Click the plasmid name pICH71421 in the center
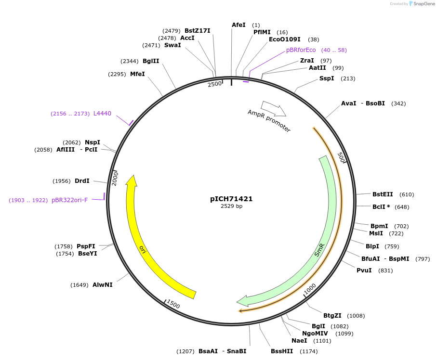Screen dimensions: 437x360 [x=231, y=199]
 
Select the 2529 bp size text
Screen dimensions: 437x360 [x=231, y=206]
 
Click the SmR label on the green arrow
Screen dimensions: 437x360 [x=319, y=250]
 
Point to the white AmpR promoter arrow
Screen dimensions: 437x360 [x=273, y=108]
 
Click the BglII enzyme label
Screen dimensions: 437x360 [x=151, y=61]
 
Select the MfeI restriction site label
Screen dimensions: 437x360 [x=137, y=74]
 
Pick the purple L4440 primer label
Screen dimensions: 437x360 [x=102, y=114]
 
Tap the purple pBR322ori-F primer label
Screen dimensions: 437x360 [x=69, y=200]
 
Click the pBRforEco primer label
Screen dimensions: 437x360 [x=301, y=50]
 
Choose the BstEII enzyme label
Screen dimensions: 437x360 [x=383, y=194]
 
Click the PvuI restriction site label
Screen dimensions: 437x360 [x=364, y=270]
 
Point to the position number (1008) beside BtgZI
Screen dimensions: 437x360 [x=356, y=316]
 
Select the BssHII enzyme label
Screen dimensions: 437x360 [x=282, y=351]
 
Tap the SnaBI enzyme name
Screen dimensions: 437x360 [x=237, y=351]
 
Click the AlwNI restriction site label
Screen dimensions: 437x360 [x=103, y=285]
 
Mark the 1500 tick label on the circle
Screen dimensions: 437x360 [x=173, y=304]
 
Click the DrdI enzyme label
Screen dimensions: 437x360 [x=82, y=181]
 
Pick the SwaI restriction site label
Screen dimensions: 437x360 [x=172, y=45]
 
